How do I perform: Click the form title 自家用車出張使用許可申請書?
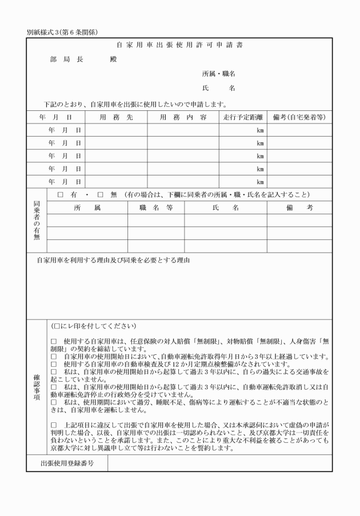click(x=179, y=45)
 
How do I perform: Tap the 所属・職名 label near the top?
click(x=219, y=74)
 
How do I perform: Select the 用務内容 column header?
click(x=183, y=117)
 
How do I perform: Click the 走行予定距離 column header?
click(x=243, y=117)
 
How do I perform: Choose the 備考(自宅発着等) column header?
click(x=299, y=117)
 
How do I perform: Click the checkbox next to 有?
click(x=61, y=195)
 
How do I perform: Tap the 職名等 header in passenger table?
click(x=156, y=209)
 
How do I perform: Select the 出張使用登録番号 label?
click(x=67, y=463)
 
